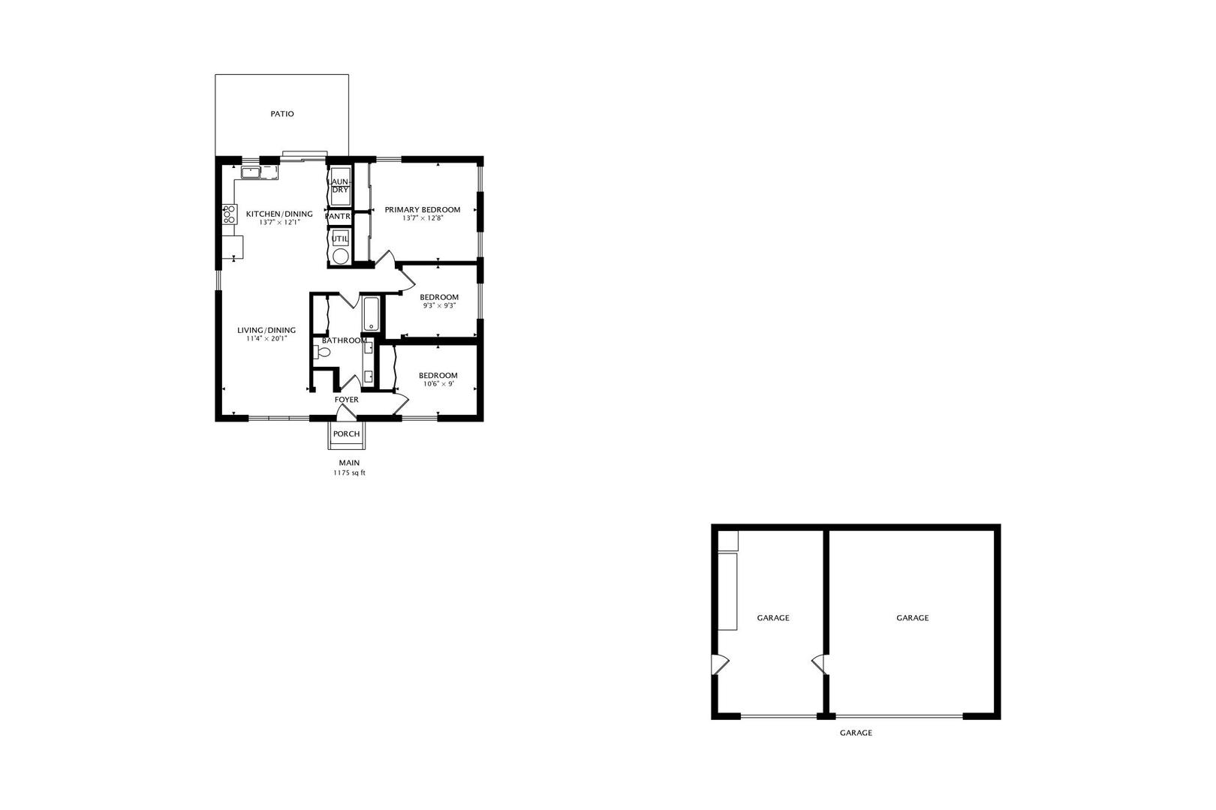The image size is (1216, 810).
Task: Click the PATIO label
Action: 282,114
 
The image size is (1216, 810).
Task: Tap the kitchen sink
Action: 251,172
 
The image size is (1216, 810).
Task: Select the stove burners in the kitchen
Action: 230,214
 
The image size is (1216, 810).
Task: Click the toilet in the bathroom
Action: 322,352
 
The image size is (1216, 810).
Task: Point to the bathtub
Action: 372,313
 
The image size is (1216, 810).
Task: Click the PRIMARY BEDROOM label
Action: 423,209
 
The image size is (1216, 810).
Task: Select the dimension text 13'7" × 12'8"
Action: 423,219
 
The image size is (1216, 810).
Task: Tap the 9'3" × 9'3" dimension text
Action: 439,305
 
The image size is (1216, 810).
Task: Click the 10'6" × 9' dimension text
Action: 438,384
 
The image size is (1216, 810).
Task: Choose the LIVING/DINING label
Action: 266,330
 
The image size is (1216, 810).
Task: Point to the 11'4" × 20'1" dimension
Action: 266,338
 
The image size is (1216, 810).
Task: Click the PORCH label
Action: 346,433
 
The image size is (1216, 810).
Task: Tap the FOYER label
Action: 346,400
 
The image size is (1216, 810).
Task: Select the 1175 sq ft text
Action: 349,473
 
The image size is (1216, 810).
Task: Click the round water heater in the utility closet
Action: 340,256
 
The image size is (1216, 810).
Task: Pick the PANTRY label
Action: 339,217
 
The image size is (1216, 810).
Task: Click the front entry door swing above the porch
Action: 346,411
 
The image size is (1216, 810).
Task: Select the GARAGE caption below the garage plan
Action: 856,733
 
